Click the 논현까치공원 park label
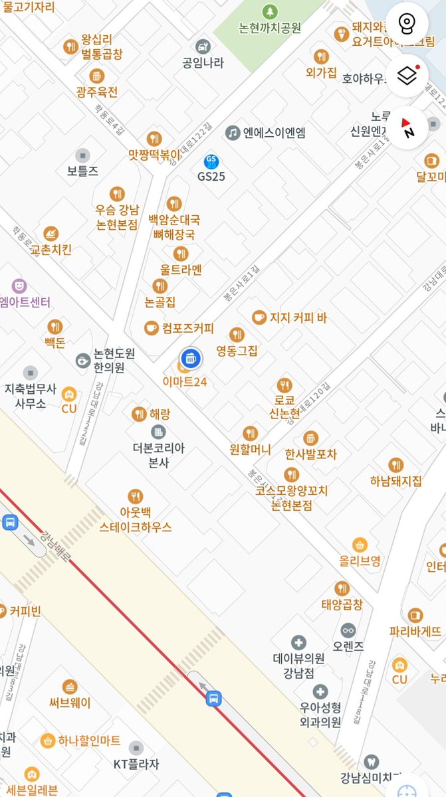point(270,28)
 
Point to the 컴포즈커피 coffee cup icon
point(152,327)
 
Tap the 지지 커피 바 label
point(298,317)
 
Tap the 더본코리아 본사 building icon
point(158,432)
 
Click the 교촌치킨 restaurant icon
point(51,234)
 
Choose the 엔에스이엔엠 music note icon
point(232,133)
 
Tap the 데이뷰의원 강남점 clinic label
point(299,664)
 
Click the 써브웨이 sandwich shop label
point(70,703)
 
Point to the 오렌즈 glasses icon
point(348,630)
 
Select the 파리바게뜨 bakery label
point(415,631)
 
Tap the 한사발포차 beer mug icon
point(310,438)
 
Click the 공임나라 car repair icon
point(203,46)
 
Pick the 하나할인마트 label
point(89,740)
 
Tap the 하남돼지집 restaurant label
point(396,481)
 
